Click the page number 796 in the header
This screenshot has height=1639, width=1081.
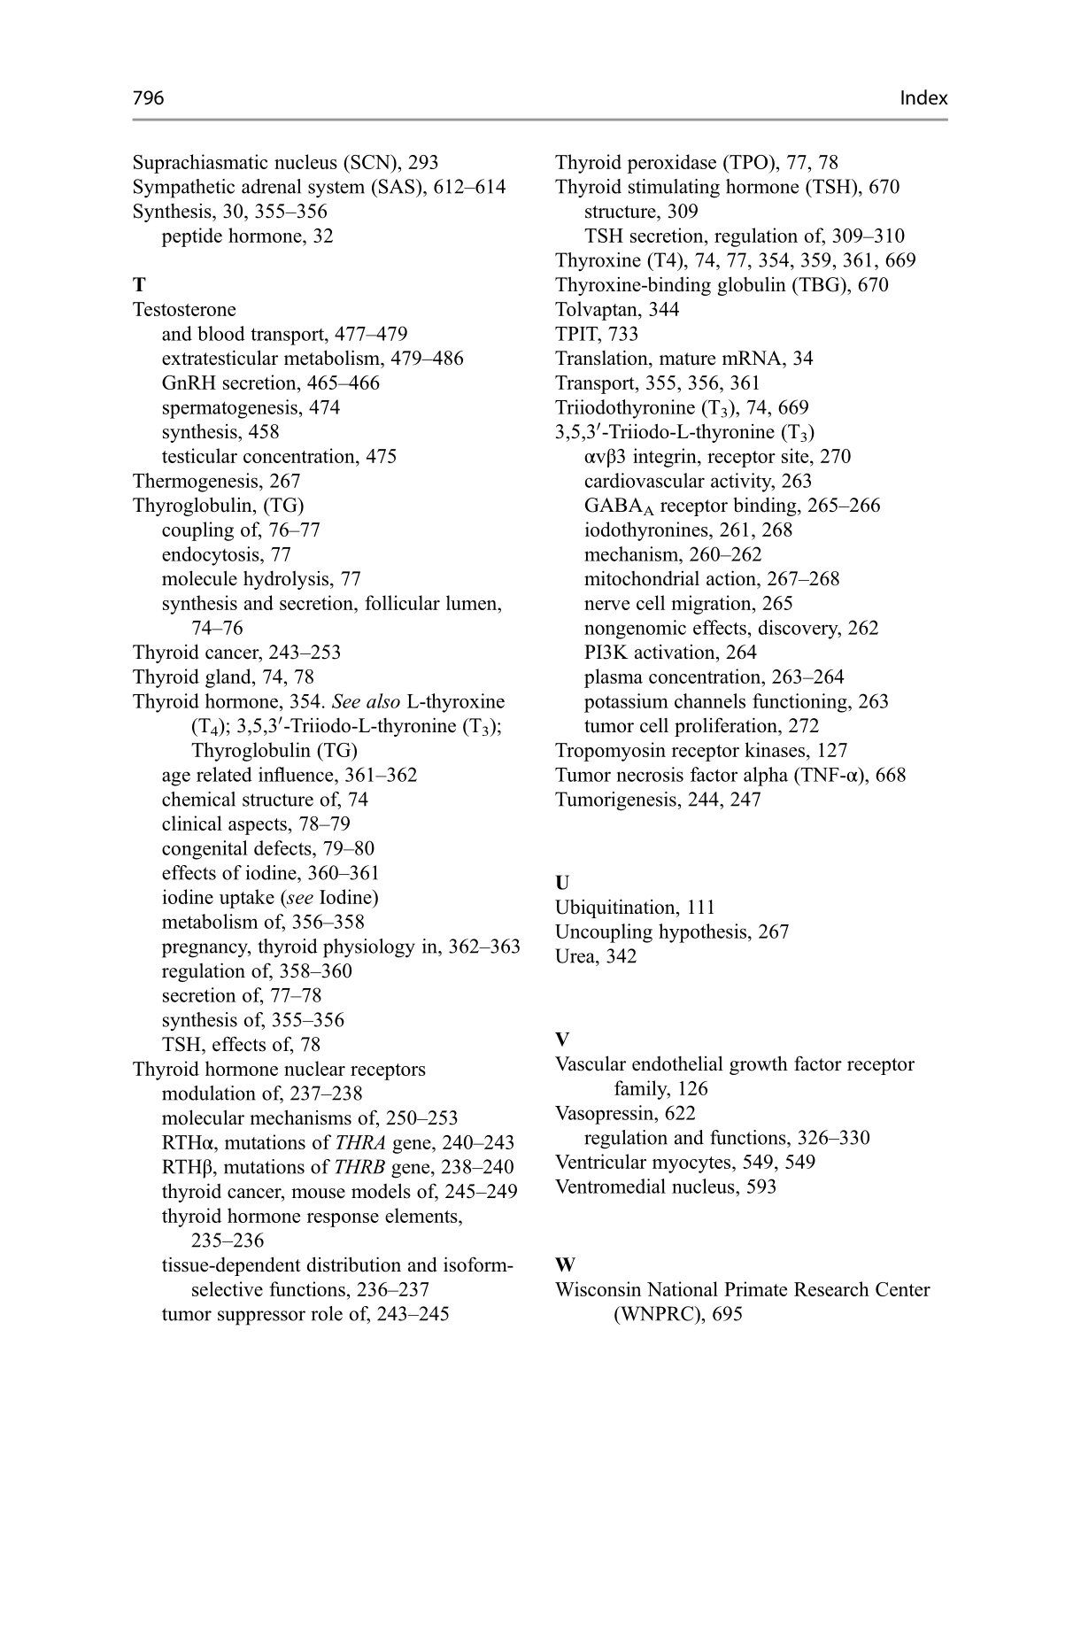point(148,98)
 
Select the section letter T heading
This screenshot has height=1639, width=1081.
point(138,285)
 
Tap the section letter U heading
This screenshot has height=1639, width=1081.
point(562,883)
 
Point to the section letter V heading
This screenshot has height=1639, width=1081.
point(562,1040)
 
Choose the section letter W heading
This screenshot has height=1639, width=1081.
point(564,1265)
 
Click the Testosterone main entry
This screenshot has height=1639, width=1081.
point(184,310)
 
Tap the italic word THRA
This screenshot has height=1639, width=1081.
point(361,1143)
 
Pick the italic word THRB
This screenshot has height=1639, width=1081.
point(360,1168)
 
